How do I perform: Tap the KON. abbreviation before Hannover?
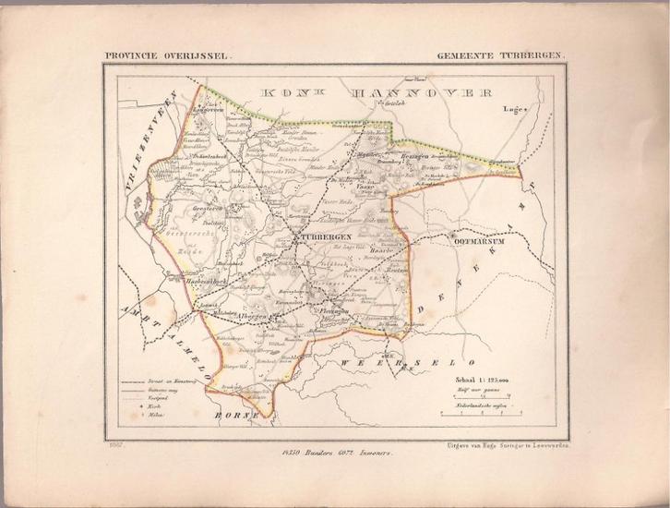coord(281,92)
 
